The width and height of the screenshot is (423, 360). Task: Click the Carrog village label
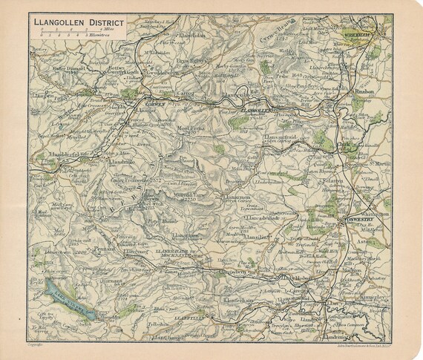tap(186, 95)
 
